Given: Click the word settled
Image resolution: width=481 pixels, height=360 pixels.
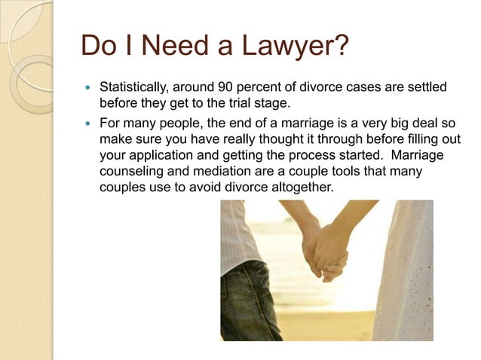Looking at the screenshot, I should [425, 89].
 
